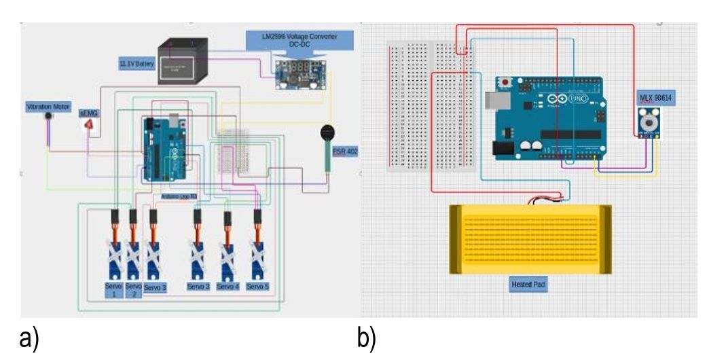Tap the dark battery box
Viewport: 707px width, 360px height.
(182, 63)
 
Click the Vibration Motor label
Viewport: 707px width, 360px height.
(49, 107)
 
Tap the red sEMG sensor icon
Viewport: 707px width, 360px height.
(88, 125)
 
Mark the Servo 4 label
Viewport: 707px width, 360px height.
(228, 287)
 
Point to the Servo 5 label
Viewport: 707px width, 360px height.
(257, 287)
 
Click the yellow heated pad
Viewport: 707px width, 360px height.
(530, 239)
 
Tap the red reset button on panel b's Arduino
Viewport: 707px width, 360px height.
(507, 83)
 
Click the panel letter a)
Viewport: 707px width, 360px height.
(29, 338)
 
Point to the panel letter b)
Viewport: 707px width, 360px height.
(366, 338)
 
